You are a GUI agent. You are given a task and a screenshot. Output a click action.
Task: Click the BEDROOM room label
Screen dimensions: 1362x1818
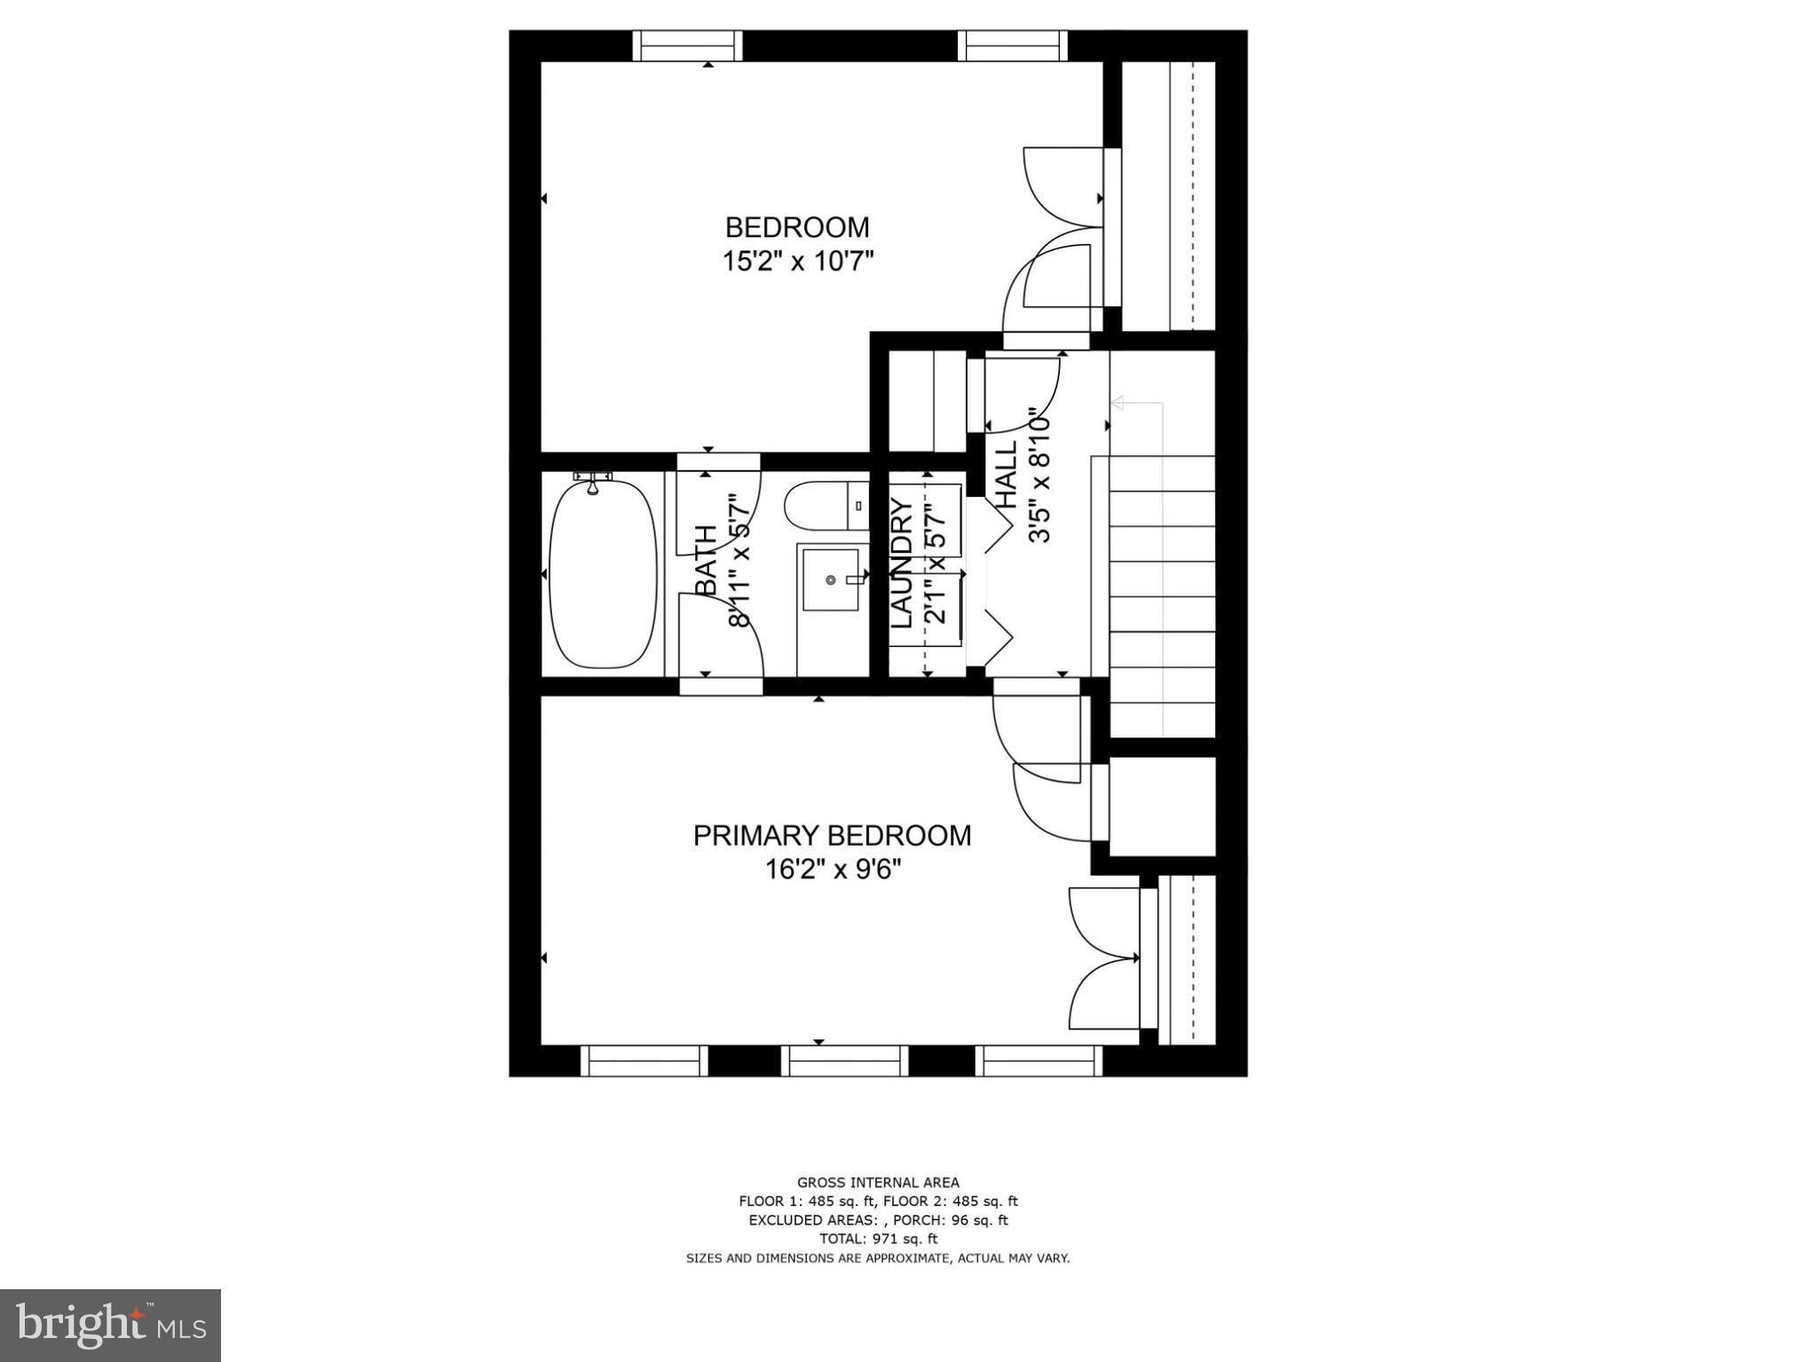(796, 228)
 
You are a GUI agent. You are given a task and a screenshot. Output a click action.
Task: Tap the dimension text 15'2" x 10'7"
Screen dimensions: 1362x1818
(796, 263)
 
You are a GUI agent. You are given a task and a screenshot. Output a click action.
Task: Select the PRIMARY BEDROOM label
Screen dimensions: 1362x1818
(832, 836)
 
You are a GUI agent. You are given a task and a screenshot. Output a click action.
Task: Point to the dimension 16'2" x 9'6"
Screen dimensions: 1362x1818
(833, 870)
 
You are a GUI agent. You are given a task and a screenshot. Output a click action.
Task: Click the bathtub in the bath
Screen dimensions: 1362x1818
(603, 575)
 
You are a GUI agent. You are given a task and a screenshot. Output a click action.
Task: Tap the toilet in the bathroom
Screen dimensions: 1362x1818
(822, 506)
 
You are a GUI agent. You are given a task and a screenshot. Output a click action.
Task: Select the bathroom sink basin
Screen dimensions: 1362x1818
(832, 579)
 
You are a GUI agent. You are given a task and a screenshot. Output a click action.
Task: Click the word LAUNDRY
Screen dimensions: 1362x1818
(902, 564)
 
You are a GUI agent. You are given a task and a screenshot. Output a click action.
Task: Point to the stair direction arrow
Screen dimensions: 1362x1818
(1118, 404)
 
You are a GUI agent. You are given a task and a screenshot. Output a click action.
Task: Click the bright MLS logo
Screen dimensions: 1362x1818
(110, 1325)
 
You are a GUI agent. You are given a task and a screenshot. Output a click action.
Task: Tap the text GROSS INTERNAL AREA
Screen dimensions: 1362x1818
(877, 1182)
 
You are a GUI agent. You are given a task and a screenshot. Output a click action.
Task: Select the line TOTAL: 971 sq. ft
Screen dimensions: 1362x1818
(877, 1239)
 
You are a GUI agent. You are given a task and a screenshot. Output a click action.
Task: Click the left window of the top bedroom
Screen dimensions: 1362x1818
(687, 45)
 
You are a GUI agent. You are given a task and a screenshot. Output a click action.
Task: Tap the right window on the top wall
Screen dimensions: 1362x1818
(1012, 45)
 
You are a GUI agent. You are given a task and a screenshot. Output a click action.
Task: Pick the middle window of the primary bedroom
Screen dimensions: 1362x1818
(844, 1060)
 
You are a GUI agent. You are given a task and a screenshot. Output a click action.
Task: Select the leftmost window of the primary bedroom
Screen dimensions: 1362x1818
(644, 1060)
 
